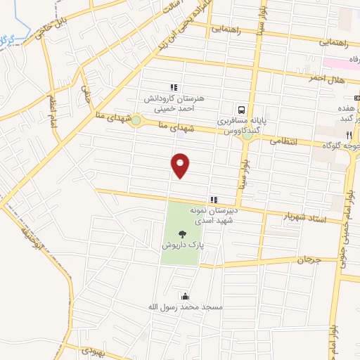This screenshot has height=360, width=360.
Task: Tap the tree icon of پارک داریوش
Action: pos(183,234)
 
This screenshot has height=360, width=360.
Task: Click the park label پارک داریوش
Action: pos(183,247)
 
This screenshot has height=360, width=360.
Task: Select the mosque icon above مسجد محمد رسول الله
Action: pos(185,296)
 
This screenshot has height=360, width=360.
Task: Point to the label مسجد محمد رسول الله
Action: pos(185,307)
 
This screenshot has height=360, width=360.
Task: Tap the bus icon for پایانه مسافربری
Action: pos(242,110)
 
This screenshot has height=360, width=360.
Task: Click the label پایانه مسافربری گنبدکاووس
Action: pos(242,126)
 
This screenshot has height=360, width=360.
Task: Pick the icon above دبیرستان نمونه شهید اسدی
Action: pos(213,200)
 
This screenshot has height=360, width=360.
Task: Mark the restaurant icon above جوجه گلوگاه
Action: pos(348,135)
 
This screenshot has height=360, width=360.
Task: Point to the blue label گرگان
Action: pos(8,39)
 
